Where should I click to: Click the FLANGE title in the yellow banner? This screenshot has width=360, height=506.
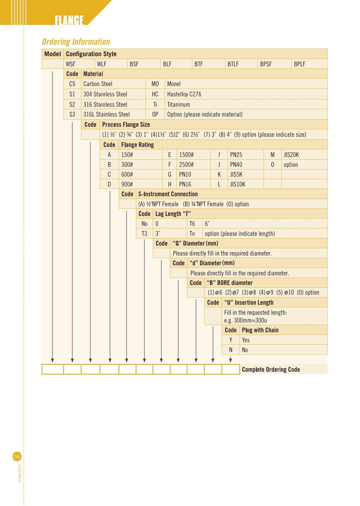(69, 20)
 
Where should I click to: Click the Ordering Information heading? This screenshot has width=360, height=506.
(76, 42)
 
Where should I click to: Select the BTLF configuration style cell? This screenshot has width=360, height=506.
(233, 64)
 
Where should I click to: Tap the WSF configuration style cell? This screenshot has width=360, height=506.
(71, 64)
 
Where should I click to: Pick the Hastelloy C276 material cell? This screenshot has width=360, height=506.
(184, 94)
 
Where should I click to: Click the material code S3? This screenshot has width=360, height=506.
(72, 114)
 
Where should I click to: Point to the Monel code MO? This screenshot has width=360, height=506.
(155, 84)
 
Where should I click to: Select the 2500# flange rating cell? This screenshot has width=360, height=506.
(186, 165)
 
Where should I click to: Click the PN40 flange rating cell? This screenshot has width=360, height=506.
(236, 165)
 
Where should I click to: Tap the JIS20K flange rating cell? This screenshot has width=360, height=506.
(291, 155)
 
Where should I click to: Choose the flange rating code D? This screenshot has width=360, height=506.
(109, 184)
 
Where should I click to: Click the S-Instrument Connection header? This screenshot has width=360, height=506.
(168, 194)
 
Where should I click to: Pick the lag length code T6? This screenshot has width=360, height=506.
(192, 224)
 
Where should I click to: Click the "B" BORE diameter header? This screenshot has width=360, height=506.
(229, 283)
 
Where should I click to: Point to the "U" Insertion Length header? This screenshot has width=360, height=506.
(249, 303)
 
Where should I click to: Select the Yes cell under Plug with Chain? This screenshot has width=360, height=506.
(246, 340)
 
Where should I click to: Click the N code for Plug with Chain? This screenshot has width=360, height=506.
(231, 350)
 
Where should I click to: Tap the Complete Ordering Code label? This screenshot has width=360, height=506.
(271, 370)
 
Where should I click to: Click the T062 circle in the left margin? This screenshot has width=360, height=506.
(17, 456)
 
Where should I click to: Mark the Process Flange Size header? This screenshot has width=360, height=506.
(126, 125)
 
